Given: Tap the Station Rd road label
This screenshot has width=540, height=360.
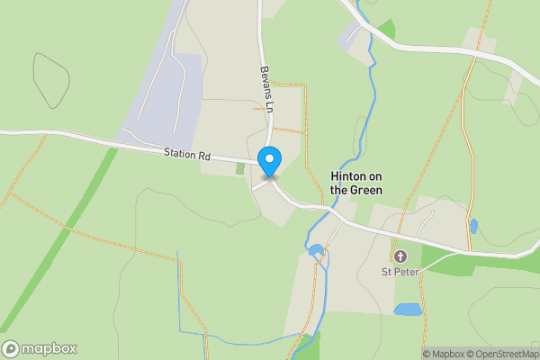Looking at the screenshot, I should (187, 155).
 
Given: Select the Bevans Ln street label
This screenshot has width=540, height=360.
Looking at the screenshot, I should (267, 89).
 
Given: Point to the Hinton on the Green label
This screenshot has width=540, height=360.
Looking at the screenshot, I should (356, 184).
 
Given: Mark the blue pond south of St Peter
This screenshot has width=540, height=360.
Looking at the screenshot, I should (408, 310).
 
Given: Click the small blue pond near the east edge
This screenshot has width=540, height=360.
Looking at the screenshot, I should (473, 226).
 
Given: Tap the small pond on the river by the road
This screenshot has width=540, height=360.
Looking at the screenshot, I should (315, 250).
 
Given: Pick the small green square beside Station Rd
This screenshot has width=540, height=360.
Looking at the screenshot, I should (239, 167).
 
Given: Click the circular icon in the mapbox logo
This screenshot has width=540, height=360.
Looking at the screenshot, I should (11, 348).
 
